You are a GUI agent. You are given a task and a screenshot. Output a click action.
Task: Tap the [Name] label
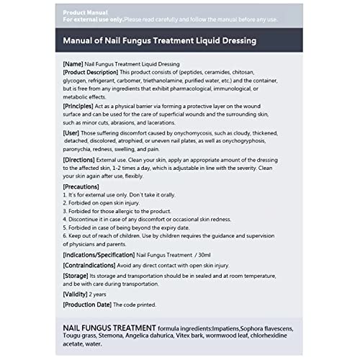[73, 65]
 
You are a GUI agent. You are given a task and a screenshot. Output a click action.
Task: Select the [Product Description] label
[91, 73]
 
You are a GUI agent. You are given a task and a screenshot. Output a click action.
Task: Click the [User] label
[71, 133]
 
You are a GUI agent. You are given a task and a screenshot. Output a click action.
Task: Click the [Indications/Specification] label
[98, 255]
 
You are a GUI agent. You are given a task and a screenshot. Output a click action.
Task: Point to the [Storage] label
[76, 276]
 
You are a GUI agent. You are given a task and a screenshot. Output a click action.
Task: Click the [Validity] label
[76, 295]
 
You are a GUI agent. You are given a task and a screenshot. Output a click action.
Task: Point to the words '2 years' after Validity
[99, 295]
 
